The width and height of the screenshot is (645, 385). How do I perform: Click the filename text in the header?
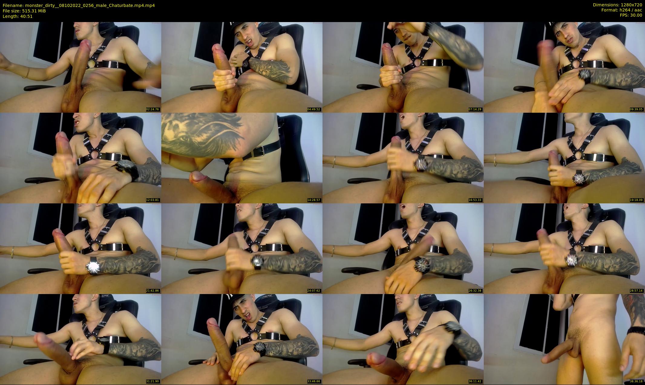click(x=79, y=5)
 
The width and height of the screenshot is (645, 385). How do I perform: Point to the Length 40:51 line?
click(x=18, y=16)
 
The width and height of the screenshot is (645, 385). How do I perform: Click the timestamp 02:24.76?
click(x=153, y=109)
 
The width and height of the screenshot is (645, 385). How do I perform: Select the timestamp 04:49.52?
click(x=314, y=109)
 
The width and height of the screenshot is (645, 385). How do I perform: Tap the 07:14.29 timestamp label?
click(x=475, y=109)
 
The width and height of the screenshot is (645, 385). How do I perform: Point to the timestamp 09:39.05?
click(x=637, y=109)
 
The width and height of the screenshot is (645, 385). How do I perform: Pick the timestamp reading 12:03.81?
click(x=153, y=200)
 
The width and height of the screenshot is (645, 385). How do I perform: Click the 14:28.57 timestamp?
click(x=314, y=200)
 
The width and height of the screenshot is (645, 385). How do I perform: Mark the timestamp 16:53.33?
click(x=475, y=200)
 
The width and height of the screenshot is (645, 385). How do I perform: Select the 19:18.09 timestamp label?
click(x=637, y=200)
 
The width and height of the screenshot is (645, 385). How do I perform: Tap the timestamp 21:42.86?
click(x=153, y=291)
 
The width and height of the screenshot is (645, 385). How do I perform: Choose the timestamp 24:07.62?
click(x=314, y=291)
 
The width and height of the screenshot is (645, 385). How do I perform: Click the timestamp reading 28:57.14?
click(x=637, y=291)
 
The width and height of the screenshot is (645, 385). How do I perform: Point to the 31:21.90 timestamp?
click(x=153, y=381)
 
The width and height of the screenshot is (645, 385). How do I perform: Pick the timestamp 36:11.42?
click(x=475, y=381)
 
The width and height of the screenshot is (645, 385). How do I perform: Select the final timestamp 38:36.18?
click(x=637, y=381)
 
